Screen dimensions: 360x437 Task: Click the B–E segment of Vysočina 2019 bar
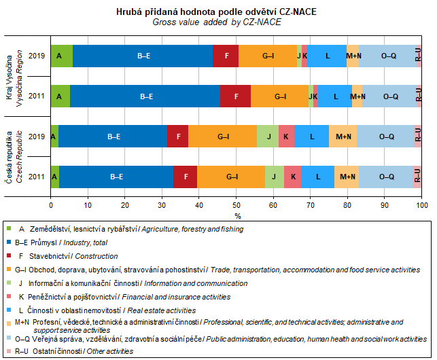tap(143, 56)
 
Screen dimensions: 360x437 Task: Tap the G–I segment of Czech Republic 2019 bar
tap(223, 137)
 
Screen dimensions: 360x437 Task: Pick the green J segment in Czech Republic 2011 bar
tap(274, 177)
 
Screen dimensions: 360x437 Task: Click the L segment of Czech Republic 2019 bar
tap(312, 137)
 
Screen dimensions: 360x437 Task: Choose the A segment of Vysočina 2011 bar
tap(60, 96)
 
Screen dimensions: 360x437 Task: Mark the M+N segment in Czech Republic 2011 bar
tap(347, 177)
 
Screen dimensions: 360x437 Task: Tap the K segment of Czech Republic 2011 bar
tap(293, 177)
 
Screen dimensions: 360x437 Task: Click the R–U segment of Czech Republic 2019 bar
tap(418, 137)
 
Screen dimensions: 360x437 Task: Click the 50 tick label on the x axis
tap(236, 204)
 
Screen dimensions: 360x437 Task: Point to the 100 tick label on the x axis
tap(421, 204)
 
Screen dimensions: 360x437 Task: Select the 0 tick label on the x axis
tap(51, 204)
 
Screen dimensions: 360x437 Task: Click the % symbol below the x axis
tap(238, 215)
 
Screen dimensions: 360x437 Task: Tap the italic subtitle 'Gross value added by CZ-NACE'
tap(216, 22)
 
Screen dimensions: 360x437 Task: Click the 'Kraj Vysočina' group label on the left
tap(10, 75)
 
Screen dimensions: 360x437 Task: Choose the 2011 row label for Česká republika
tap(41, 177)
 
